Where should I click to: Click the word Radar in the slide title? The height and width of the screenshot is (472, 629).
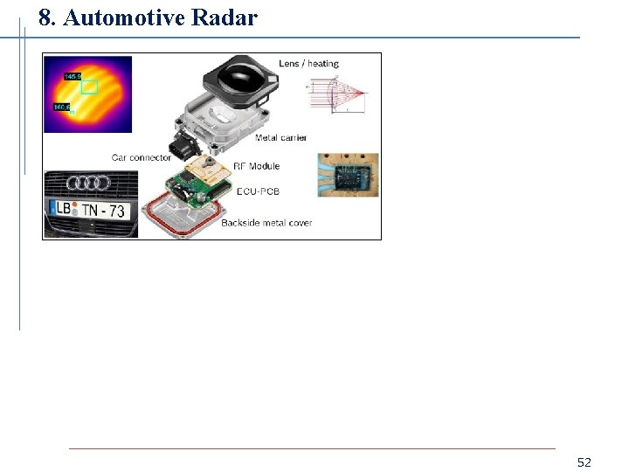[x=219, y=17]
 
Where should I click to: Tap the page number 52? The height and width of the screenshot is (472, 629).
[x=584, y=462]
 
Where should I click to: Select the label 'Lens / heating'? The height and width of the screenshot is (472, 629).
[x=308, y=64]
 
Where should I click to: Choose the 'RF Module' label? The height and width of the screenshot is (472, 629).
[x=256, y=166]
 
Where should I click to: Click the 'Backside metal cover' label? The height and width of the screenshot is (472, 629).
[x=266, y=223]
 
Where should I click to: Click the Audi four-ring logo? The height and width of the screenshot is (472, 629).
[x=90, y=183]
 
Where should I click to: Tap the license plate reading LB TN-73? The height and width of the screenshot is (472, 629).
[x=89, y=210]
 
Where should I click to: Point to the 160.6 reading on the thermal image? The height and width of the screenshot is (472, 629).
[x=62, y=107]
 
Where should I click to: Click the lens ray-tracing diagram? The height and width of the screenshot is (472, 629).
[x=336, y=93]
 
